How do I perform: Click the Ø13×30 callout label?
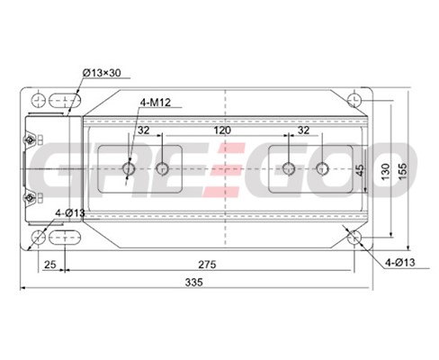coord(102,73)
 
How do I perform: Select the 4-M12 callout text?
coord(156,103)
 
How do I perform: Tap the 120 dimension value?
coord(222,130)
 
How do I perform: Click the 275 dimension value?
coord(207,265)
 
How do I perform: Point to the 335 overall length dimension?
coord(193,283)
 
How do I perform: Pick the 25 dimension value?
coord(50,265)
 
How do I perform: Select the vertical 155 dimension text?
coord(403,171)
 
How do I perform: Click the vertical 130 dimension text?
coord(386,172)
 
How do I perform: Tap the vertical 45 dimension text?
coord(361,170)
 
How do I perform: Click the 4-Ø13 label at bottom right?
coord(400,263)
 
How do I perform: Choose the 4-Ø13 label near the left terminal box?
coord(70,213)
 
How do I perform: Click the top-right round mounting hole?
coord(354,100)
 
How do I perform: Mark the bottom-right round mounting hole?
coord(354,238)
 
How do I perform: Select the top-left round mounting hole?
coord(39,100)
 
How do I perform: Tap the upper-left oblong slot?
coord(65,101)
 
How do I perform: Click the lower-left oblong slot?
coord(65,238)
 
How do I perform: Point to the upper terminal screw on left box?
coord(30,139)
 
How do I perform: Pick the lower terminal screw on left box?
coord(30,198)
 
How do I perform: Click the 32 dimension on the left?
coord(143,130)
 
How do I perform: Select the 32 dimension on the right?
coord(303,130)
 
